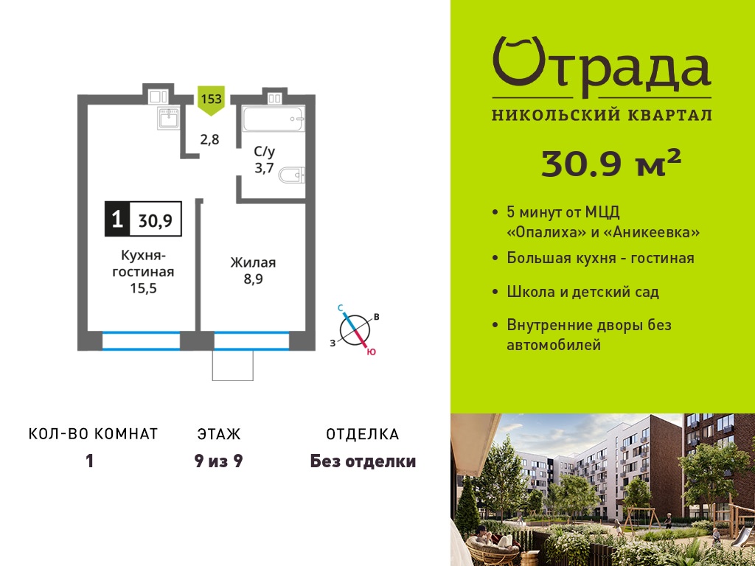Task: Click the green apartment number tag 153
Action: point(211,100)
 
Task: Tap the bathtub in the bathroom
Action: point(273,119)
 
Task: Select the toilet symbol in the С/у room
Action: point(292,175)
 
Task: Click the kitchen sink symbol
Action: point(168,118)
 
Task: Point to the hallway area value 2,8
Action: point(209,139)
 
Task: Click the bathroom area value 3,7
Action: point(264,168)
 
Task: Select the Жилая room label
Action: point(253,263)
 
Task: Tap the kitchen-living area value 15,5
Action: point(144,288)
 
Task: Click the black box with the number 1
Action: point(117,219)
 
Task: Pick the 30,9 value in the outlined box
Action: point(156,220)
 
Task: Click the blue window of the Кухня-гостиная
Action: point(141,340)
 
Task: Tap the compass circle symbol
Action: point(355,329)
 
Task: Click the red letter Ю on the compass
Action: point(371,352)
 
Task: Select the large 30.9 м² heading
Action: point(611,163)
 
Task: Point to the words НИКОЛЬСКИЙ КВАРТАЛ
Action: point(602,115)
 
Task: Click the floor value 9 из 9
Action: point(218,461)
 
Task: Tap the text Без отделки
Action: point(363,461)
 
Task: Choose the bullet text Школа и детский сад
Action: point(582,292)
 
